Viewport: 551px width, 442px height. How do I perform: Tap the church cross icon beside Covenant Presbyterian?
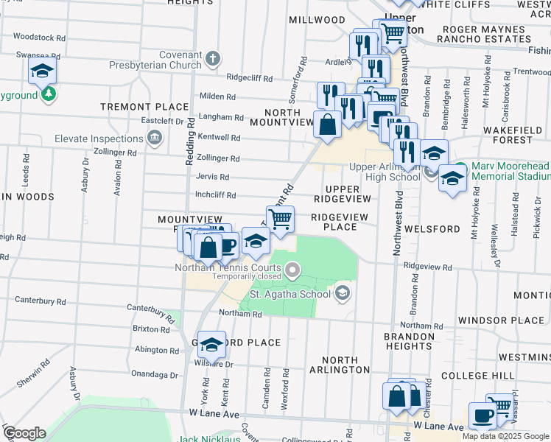click(x=213, y=58)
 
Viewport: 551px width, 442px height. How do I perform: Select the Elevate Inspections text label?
click(x=99, y=138)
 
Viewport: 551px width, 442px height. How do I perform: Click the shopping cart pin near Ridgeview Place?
click(x=280, y=219)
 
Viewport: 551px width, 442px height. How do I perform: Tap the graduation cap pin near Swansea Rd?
click(x=43, y=71)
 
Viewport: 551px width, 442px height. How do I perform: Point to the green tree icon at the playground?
click(x=49, y=95)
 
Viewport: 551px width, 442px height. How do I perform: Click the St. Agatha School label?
click(x=290, y=295)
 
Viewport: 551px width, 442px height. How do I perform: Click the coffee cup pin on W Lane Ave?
click(x=483, y=415)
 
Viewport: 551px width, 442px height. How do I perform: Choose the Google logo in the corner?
click(x=24, y=433)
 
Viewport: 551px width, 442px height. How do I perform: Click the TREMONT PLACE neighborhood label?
click(x=135, y=107)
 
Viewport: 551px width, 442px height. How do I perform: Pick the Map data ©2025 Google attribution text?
click(x=505, y=436)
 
